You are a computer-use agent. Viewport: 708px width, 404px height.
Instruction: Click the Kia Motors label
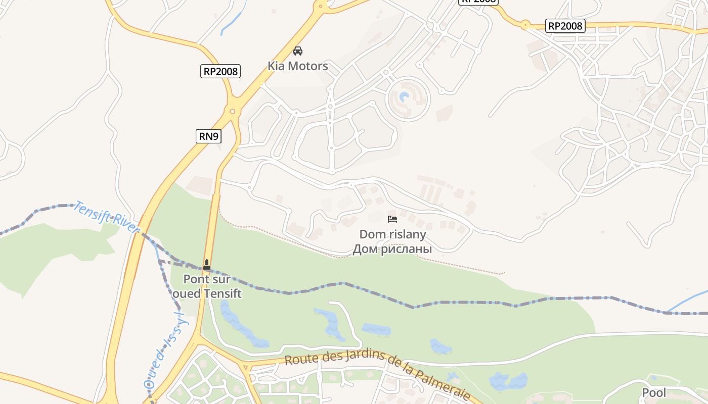[297, 66]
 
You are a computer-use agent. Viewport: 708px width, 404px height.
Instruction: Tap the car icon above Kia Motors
[298, 51]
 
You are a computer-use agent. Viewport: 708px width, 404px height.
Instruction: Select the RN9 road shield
[208, 136]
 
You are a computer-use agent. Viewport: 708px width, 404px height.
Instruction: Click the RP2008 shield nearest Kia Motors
[220, 71]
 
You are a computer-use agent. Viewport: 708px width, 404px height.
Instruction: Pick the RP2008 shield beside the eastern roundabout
[565, 26]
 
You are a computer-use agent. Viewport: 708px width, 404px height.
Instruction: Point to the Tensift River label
[106, 217]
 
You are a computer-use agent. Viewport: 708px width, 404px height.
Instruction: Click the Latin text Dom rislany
[392, 234]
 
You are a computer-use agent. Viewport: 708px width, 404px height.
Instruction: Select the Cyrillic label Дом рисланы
[392, 249]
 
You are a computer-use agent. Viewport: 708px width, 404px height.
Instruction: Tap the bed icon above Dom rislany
[392, 219]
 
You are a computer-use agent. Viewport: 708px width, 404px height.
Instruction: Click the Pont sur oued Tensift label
[207, 286]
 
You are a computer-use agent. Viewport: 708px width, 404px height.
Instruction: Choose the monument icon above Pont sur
[207, 264]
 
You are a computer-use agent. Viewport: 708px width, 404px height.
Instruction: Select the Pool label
[654, 393]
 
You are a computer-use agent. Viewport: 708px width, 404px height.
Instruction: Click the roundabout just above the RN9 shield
[233, 112]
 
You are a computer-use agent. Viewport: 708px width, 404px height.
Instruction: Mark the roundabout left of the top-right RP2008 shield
[525, 24]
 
